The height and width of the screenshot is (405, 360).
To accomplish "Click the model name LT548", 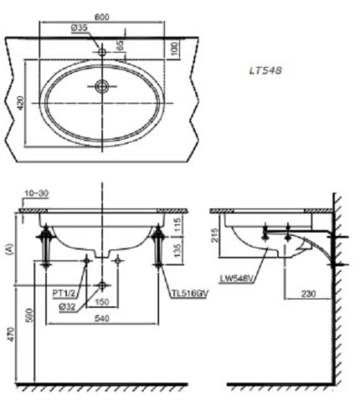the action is click(265, 70).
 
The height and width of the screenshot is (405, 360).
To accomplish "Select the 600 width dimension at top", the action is click(101, 17).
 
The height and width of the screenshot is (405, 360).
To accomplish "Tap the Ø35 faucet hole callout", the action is click(80, 28).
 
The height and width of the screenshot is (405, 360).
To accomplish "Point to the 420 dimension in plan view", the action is click(20, 103).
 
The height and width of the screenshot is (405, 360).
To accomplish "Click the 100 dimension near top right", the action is click(174, 49).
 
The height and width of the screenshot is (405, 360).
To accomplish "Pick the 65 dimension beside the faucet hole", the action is click(120, 45).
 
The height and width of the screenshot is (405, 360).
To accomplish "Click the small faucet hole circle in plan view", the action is click(102, 52).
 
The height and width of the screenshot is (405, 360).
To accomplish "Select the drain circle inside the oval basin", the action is click(102, 86).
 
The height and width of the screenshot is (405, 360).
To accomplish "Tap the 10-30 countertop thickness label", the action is click(37, 193).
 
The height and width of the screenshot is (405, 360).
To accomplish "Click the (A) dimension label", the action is click(9, 249).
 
